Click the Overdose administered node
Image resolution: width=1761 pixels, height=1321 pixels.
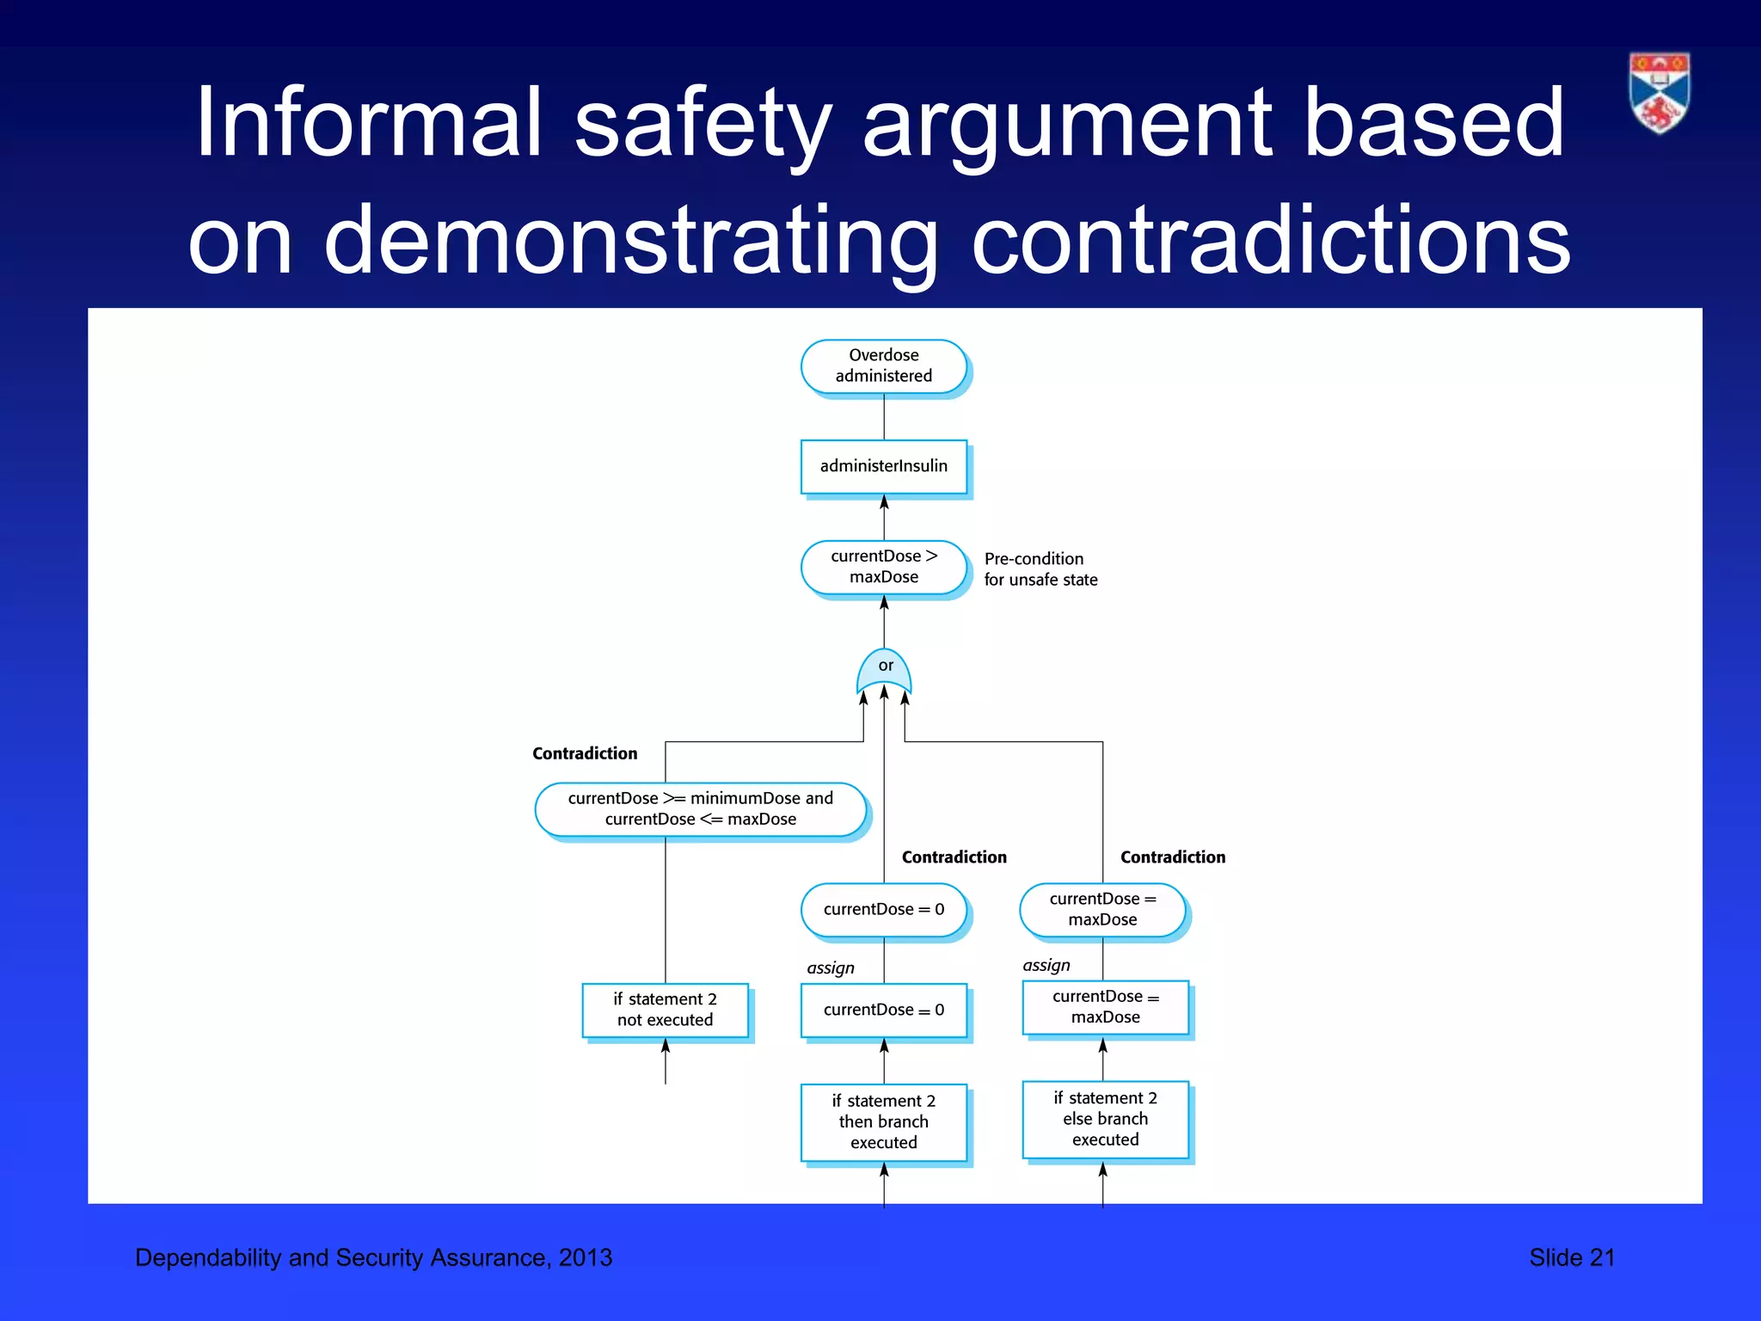pyautogui.click(x=883, y=366)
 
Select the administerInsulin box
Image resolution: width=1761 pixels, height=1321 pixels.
pyautogui.click(x=883, y=466)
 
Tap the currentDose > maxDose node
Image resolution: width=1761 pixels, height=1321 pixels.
pyautogui.click(x=883, y=567)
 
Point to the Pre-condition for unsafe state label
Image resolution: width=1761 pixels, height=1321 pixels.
pyautogui.click(x=1040, y=569)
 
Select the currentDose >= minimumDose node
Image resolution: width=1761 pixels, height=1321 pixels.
pyautogui.click(x=700, y=808)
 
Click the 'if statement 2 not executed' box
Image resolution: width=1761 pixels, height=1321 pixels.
pyautogui.click(x=665, y=1010)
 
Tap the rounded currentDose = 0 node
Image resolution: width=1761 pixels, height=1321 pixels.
pyautogui.click(x=883, y=910)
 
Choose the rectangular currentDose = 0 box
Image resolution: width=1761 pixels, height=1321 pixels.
pyautogui.click(x=883, y=1010)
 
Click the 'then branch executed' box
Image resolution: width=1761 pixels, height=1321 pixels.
pyautogui.click(x=883, y=1121)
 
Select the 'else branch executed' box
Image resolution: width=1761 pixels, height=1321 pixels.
pyautogui.click(x=1105, y=1119)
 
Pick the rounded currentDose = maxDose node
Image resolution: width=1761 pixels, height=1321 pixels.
pyautogui.click(x=1102, y=910)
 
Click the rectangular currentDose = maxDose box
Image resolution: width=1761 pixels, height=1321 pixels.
pyautogui.click(x=1105, y=1007)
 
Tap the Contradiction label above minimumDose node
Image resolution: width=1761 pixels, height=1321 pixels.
pyautogui.click(x=585, y=753)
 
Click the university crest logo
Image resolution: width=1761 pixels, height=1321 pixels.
pyautogui.click(x=1659, y=93)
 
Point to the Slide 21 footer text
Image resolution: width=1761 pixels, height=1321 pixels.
pyautogui.click(x=1571, y=1257)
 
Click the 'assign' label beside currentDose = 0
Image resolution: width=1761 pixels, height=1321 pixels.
pyautogui.click(x=830, y=968)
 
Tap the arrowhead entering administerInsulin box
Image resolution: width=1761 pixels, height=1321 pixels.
pyautogui.click(x=884, y=501)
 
